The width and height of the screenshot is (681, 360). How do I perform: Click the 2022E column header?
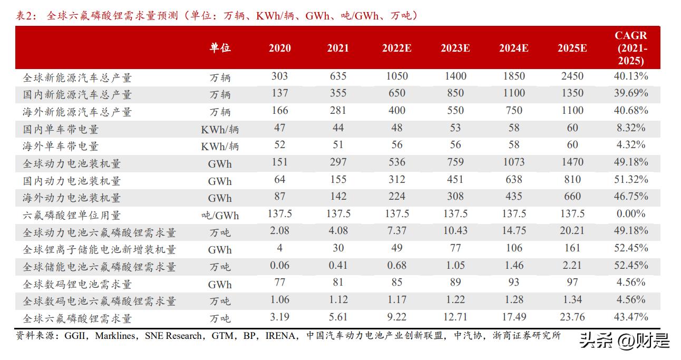click(396, 48)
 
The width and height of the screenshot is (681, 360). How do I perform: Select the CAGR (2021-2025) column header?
click(630, 48)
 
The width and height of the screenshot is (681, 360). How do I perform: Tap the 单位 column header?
click(220, 48)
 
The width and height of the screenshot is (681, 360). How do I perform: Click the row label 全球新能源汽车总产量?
click(77, 77)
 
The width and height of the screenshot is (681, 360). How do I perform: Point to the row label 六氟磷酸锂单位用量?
click(72, 215)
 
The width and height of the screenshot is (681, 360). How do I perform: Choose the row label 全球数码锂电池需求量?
click(77, 284)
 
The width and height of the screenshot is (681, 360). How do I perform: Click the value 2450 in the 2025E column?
click(572, 76)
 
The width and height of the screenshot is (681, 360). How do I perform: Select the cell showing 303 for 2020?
click(279, 76)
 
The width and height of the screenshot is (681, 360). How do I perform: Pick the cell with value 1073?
click(513, 162)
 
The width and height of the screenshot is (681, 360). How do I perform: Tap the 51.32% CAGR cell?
click(630, 179)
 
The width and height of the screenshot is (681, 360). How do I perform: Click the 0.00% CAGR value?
click(630, 213)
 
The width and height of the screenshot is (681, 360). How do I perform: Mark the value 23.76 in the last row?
click(572, 317)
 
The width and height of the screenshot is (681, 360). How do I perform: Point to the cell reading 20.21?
click(572, 231)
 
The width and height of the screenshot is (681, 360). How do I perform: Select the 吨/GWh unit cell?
click(220, 215)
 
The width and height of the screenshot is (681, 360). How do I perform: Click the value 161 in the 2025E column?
click(572, 248)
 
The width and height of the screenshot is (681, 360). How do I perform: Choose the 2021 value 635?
click(338, 76)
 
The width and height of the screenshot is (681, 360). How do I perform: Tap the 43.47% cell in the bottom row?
click(630, 317)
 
